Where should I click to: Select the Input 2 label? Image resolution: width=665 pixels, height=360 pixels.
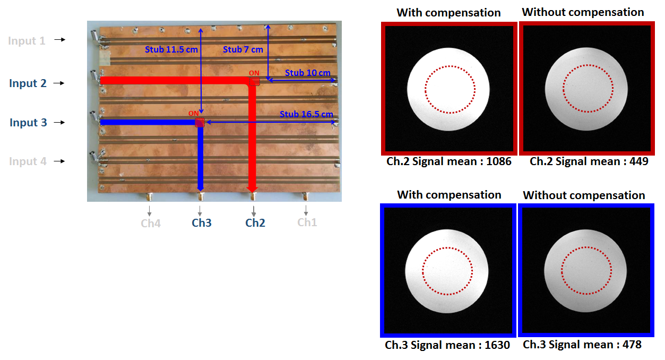(28, 83)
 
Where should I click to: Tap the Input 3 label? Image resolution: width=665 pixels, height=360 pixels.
(28, 123)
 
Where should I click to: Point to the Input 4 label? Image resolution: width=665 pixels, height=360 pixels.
(28, 161)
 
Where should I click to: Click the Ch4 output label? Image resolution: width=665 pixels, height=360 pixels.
(151, 224)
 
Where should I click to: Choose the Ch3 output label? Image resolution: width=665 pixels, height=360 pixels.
(202, 223)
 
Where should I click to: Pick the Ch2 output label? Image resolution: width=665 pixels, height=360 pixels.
(255, 223)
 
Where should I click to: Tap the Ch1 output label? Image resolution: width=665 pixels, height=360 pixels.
(307, 222)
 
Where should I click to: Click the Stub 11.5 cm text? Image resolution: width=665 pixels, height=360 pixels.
(169, 49)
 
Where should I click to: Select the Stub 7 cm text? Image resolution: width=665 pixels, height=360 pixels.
(243, 49)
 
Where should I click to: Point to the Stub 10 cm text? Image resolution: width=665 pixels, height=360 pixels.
(307, 73)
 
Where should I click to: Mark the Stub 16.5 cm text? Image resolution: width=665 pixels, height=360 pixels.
(306, 114)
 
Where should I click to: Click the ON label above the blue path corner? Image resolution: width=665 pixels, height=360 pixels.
(194, 113)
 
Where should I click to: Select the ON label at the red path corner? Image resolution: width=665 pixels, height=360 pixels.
(254, 73)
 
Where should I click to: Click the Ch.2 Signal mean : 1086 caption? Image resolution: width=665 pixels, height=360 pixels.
(449, 161)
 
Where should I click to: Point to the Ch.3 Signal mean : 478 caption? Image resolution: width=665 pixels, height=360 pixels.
(582, 345)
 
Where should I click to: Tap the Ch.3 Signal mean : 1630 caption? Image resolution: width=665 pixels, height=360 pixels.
(447, 345)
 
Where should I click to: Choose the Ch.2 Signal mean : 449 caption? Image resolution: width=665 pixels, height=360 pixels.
(589, 161)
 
